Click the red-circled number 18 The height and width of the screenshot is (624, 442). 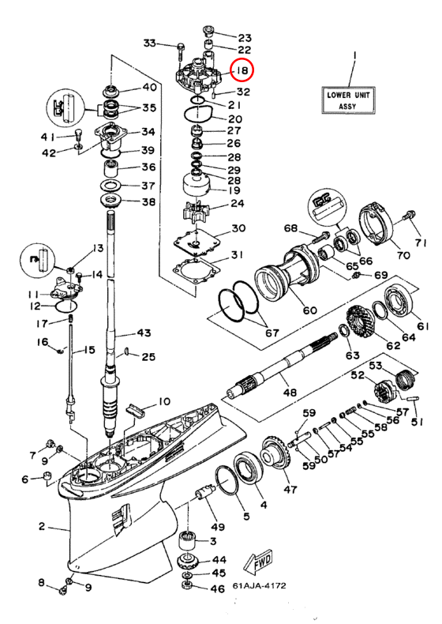[242, 71]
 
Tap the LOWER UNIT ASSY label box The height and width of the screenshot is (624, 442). [348, 100]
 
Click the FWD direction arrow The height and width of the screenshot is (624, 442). [259, 563]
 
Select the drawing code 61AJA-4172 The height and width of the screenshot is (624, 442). [259, 586]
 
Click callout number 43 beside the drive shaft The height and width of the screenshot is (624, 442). [144, 332]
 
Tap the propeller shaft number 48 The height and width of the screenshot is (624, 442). [290, 392]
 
